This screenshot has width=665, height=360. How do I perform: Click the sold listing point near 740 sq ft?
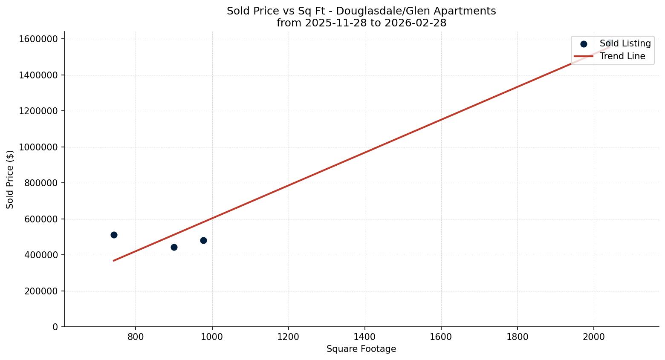[114, 235]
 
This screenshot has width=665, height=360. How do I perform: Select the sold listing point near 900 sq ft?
[174, 247]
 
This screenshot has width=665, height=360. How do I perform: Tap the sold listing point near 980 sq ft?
[203, 240]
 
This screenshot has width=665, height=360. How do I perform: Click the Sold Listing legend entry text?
[625, 43]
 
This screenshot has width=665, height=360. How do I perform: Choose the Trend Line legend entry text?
[622, 56]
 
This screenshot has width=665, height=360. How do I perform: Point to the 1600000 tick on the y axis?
[38, 39]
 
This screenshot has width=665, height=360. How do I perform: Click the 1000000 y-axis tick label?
[38, 147]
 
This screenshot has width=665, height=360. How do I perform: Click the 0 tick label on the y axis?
[55, 327]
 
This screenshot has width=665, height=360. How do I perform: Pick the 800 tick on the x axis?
[136, 337]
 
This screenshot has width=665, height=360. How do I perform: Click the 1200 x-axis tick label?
[288, 337]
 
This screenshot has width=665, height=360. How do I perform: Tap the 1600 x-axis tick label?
[441, 337]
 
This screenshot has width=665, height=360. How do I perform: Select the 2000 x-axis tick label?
[593, 337]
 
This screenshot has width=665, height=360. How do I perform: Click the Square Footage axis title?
[361, 349]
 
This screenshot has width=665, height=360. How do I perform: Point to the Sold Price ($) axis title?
[10, 179]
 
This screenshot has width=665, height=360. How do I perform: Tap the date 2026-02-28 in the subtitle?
[416, 23]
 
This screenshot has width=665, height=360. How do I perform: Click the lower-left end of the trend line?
[114, 260]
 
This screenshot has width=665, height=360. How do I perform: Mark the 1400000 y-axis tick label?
[38, 75]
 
